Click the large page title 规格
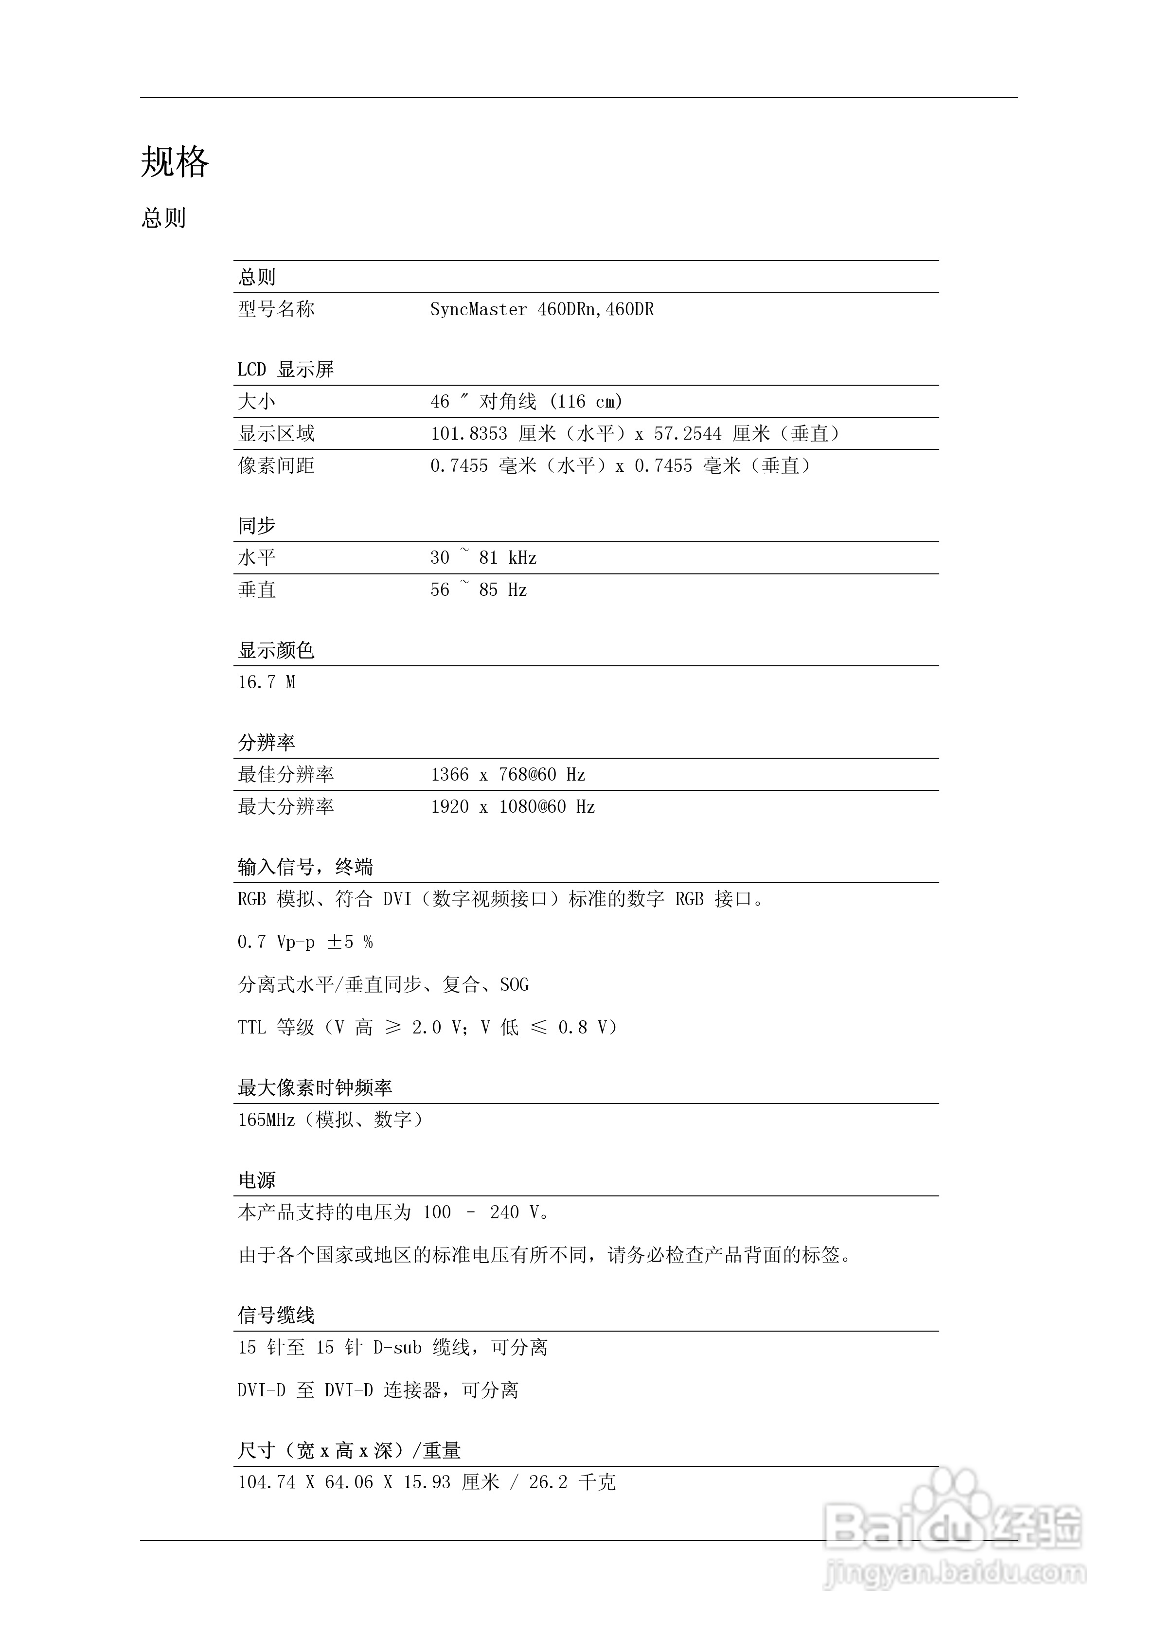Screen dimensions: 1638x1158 [175, 162]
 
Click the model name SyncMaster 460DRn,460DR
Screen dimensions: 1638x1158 [541, 310]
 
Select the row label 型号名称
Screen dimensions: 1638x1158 [276, 310]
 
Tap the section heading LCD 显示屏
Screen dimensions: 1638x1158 [285, 370]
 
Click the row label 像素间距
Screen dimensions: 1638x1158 [276, 466]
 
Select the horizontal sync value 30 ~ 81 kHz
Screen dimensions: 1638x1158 [483, 558]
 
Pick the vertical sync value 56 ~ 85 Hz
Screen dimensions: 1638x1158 [478, 590]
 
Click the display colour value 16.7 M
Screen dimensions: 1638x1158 [266, 683]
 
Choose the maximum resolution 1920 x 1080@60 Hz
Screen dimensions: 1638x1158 [512, 807]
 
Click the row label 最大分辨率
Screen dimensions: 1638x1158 [285, 807]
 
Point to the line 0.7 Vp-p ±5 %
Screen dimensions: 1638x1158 [304, 943]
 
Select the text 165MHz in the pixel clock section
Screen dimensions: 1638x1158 [266, 1120]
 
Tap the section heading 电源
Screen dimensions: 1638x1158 [256, 1181]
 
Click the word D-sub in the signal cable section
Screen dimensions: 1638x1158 [397, 1348]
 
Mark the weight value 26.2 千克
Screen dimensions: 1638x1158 [571, 1482]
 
